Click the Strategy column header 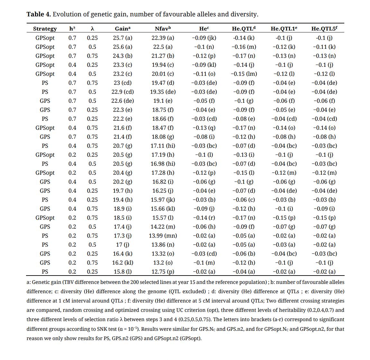pyautogui.click(x=45, y=29)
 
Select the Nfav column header pyautogui.click(x=162, y=29)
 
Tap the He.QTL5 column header pyautogui.click(x=324, y=29)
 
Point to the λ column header pyautogui.click(x=92, y=29)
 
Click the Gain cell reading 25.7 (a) pyautogui.click(x=122, y=38)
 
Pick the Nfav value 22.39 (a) pyautogui.click(x=163, y=38)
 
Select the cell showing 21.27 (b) pyautogui.click(x=163, y=56)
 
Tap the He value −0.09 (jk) pyautogui.click(x=204, y=38)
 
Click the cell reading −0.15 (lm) pyautogui.click(x=244, y=74)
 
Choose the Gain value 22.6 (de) pyautogui.click(x=122, y=101)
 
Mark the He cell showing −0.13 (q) pyautogui.click(x=204, y=127)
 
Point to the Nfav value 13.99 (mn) pyautogui.click(x=163, y=235)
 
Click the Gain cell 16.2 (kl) pyautogui.click(x=122, y=262)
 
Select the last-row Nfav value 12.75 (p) pyautogui.click(x=163, y=271)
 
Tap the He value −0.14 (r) pyautogui.click(x=204, y=217)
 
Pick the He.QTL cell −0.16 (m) pyautogui.click(x=244, y=47)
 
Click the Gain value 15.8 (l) pyautogui.click(x=122, y=271)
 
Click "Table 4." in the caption pyautogui.click(x=39, y=14)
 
